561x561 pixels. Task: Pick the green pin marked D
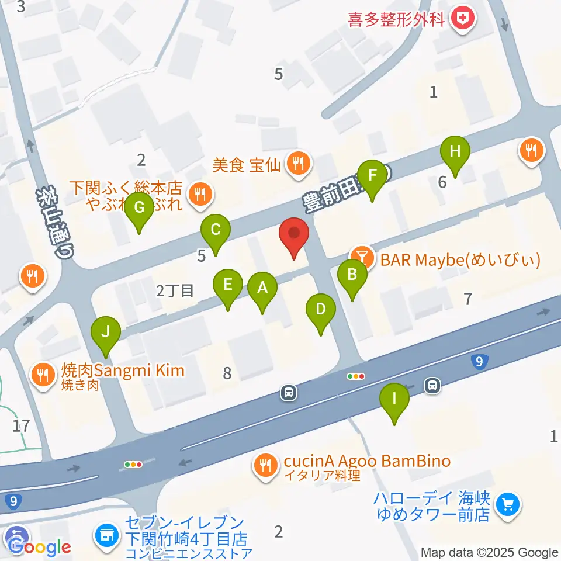pyautogui.click(x=320, y=309)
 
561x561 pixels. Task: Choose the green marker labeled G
pyautogui.click(x=139, y=208)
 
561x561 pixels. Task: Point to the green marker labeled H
pyautogui.click(x=455, y=152)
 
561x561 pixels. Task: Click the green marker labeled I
pyautogui.click(x=394, y=400)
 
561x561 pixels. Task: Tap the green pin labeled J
pyautogui.click(x=105, y=333)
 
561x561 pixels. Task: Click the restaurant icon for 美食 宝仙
pyautogui.click(x=298, y=164)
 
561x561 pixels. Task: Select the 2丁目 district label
pyautogui.click(x=175, y=290)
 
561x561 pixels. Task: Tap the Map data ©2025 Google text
pyautogui.click(x=490, y=553)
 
